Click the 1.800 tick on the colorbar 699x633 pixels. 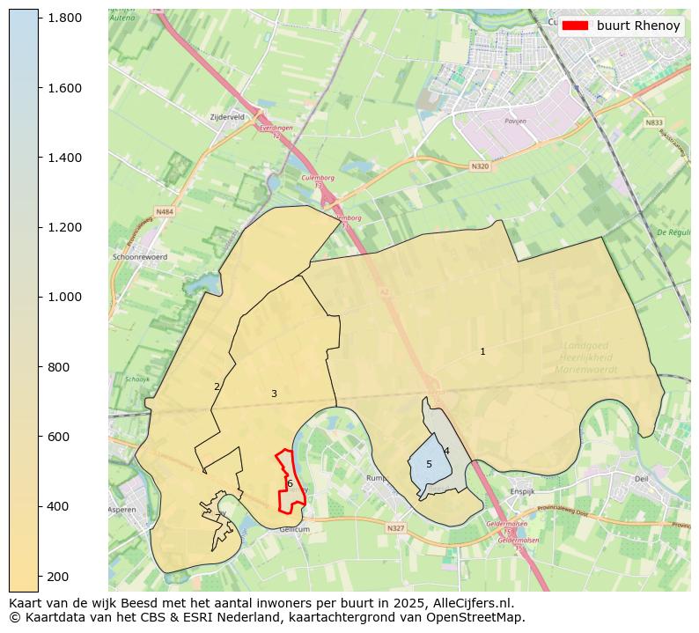point(39,18)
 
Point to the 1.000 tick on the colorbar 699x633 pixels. point(39,297)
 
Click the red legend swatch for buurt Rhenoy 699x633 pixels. point(576,26)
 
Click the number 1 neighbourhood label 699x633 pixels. point(482,352)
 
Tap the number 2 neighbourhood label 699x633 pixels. point(217,386)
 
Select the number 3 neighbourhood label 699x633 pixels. point(274,394)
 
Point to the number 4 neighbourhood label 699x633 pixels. point(446,451)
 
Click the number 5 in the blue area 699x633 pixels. point(429,464)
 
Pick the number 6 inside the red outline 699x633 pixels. point(289,483)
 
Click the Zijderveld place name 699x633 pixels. point(227,116)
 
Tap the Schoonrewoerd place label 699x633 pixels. point(140,257)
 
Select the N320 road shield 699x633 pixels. point(479,166)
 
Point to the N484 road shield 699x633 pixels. point(165,211)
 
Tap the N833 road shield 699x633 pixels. point(653,123)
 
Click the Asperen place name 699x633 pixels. point(122,510)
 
